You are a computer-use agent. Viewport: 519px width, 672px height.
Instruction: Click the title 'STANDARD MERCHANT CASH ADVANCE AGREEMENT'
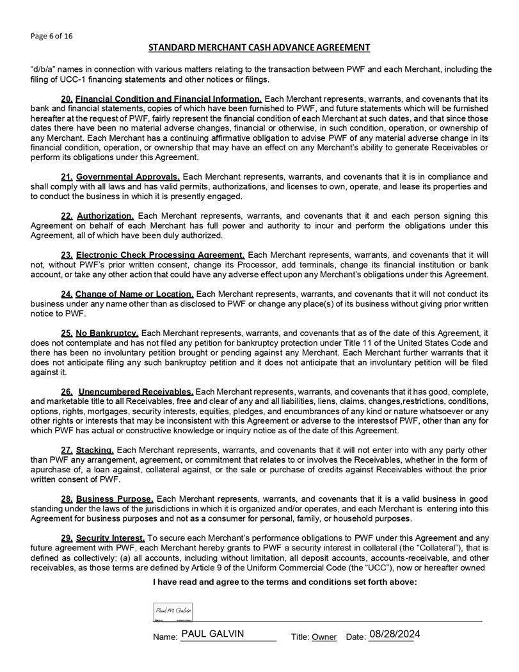click(259, 47)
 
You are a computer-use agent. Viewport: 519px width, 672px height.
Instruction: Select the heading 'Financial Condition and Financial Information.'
click(169, 99)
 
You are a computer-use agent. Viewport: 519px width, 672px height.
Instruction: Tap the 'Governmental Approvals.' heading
click(128, 177)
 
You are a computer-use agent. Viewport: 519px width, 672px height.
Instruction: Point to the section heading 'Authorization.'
click(105, 216)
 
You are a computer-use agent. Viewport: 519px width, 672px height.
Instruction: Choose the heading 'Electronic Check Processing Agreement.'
click(160, 255)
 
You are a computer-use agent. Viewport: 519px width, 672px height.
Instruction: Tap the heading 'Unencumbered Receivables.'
click(136, 391)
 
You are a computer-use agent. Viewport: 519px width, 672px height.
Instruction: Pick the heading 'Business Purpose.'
click(115, 499)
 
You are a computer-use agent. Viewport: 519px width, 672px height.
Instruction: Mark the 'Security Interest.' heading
click(111, 538)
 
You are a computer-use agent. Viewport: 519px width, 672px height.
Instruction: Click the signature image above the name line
click(173, 612)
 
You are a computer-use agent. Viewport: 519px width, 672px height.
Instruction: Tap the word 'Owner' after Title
click(324, 637)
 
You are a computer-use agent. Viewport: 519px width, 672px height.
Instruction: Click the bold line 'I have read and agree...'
click(285, 582)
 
